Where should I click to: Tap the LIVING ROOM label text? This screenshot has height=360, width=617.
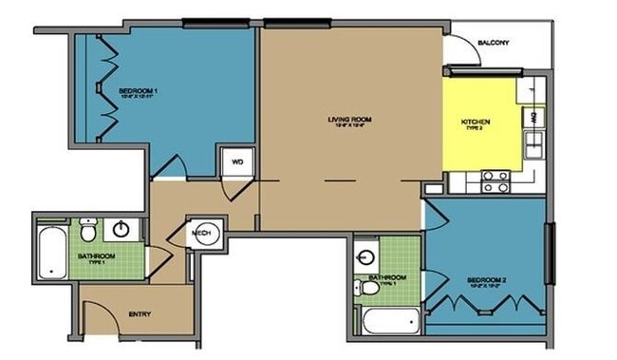pyautogui.click(x=348, y=122)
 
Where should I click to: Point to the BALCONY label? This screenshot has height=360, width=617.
pyautogui.click(x=494, y=43)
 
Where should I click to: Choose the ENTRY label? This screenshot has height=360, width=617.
pyautogui.click(x=140, y=313)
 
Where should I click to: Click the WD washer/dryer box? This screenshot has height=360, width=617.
pyautogui.click(x=237, y=162)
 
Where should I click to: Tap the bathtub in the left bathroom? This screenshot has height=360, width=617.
pyautogui.click(x=51, y=253)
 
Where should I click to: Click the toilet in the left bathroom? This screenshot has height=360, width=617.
pyautogui.click(x=87, y=229)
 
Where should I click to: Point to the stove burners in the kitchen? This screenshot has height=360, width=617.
pyautogui.click(x=495, y=180)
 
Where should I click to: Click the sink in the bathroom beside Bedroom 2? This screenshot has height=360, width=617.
pyautogui.click(x=366, y=256)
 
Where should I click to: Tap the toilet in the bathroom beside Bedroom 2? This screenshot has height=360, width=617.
pyautogui.click(x=367, y=287)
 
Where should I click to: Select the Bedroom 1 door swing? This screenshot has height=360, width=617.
pyautogui.click(x=169, y=166)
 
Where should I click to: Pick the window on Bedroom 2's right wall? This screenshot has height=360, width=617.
pyautogui.click(x=549, y=252)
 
